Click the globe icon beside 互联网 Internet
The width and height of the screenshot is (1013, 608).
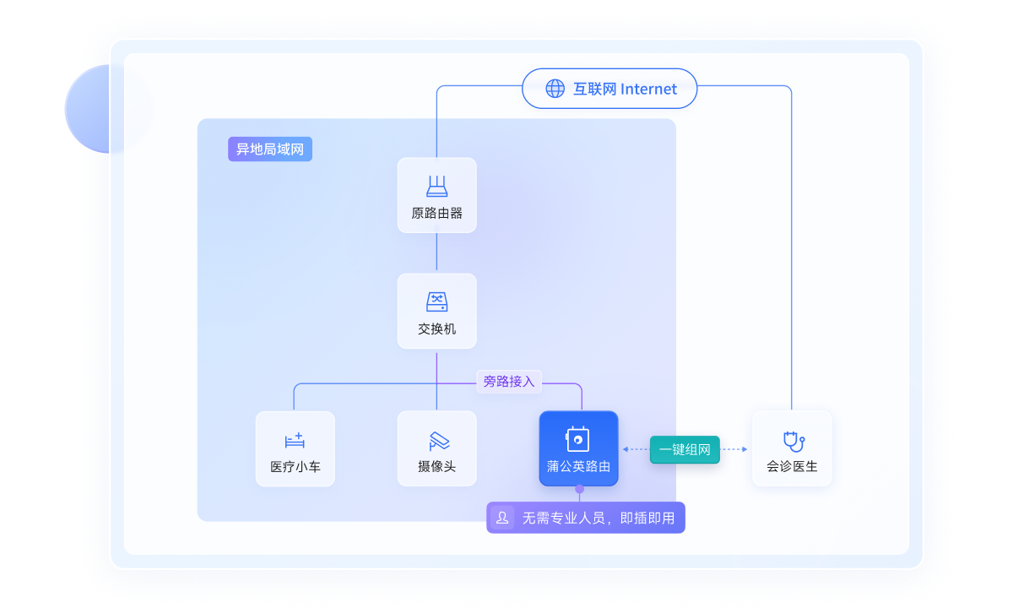(555, 89)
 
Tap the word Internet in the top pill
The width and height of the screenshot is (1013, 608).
(648, 90)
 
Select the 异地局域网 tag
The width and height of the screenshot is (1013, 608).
(270, 149)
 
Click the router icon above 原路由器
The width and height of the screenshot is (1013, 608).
(437, 187)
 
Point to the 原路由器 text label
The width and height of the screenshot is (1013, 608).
(437, 213)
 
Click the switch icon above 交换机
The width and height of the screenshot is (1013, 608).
(437, 301)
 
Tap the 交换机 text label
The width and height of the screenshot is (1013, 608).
(437, 328)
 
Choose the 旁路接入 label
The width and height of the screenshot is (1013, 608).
(509, 382)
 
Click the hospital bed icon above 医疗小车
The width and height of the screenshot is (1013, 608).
(295, 440)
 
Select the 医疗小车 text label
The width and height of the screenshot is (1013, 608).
(295, 466)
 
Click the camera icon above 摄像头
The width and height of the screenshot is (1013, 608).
(439, 441)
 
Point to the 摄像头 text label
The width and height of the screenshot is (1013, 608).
(437, 466)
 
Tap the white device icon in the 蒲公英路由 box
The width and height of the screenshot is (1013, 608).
(577, 439)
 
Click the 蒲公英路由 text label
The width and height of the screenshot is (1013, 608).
(578, 466)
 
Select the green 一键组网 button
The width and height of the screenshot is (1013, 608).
(685, 449)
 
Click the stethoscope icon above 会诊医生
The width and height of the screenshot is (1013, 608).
(794, 442)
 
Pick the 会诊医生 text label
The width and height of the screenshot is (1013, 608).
(792, 466)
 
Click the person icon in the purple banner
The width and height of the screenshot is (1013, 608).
(502, 518)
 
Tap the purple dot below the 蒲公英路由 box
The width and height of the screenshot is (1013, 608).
(579, 489)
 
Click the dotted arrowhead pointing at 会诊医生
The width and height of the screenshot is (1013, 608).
(745, 449)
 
